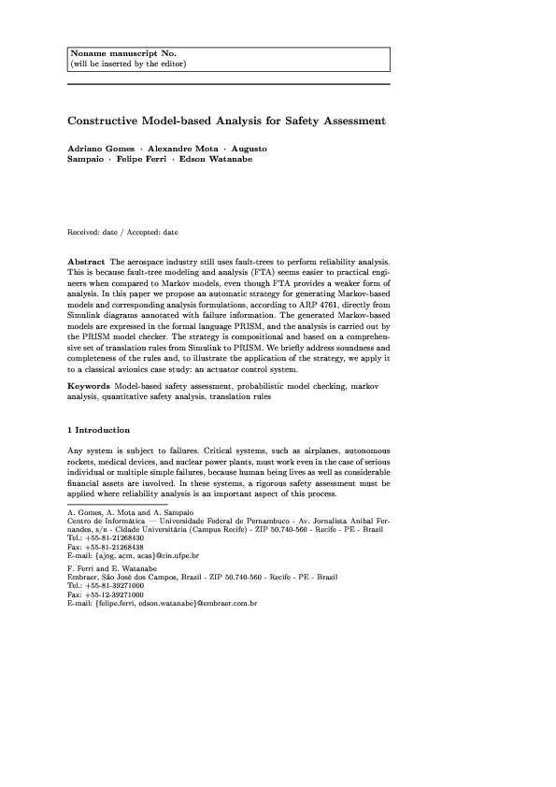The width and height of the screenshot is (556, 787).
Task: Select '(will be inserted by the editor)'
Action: click(x=128, y=64)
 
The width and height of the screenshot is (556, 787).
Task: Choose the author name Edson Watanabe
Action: click(x=220, y=159)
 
